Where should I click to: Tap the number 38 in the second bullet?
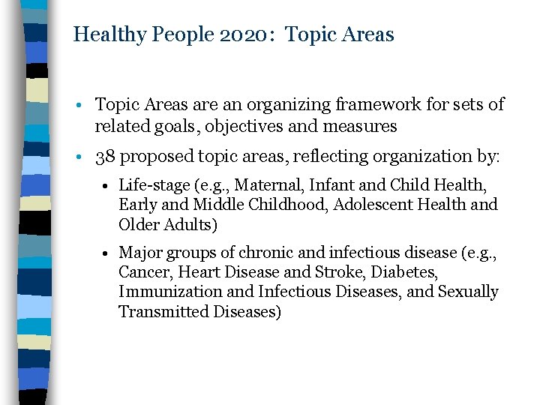click(x=105, y=157)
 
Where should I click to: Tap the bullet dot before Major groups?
click(x=109, y=253)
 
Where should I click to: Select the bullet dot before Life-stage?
click(x=109, y=184)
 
